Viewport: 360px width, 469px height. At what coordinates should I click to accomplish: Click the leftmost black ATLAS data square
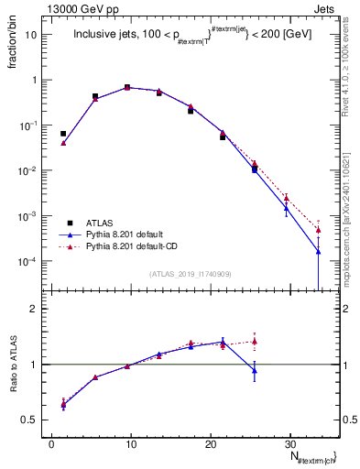[x=63, y=134]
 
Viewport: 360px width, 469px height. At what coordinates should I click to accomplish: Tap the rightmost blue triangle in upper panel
[x=319, y=251]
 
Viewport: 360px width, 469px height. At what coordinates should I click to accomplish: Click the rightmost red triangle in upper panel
[x=319, y=229]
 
